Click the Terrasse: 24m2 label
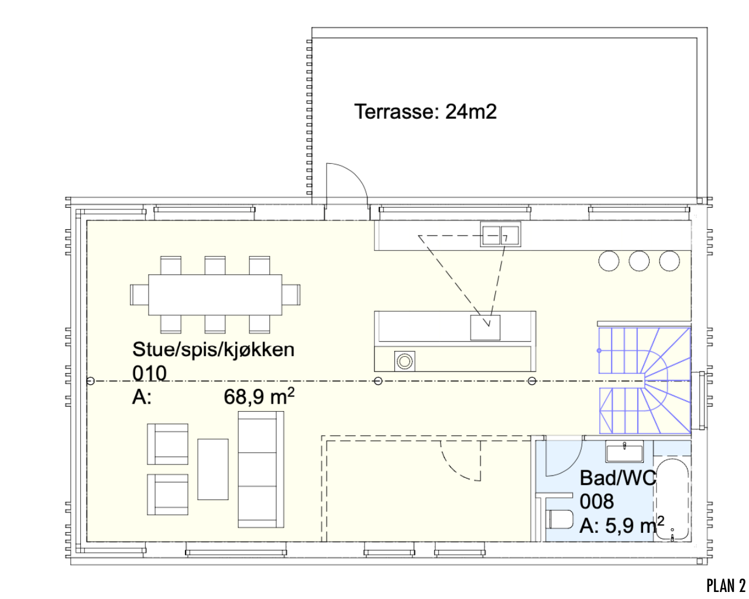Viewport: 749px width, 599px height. [x=425, y=111]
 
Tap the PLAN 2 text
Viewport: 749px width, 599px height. [x=726, y=586]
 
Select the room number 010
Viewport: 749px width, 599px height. [x=149, y=373]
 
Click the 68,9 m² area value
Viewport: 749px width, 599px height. [x=259, y=397]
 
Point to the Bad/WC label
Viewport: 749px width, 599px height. [x=617, y=478]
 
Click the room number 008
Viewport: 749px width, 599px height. [x=597, y=501]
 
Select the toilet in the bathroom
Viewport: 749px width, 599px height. [x=559, y=519]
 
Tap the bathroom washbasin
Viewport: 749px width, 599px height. [x=624, y=452]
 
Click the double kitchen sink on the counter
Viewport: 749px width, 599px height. [x=500, y=235]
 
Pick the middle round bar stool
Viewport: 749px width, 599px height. [x=639, y=261]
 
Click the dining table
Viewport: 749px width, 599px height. [x=215, y=295]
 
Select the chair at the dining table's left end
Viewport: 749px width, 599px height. [x=139, y=294]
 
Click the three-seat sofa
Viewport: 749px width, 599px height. [x=261, y=469]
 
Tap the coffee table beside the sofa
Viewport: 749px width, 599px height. [x=213, y=469]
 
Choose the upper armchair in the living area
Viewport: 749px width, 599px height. [x=167, y=444]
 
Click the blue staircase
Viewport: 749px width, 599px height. [x=644, y=380]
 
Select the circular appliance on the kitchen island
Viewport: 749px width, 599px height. [x=404, y=361]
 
